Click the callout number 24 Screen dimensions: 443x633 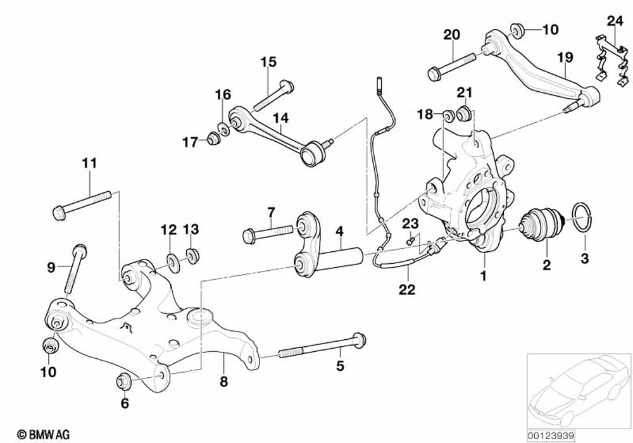click(615, 20)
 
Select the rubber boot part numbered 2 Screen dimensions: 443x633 click(541, 225)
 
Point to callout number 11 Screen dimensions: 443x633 click(89, 163)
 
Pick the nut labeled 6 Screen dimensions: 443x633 click(124, 381)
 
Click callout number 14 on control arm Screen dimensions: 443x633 click(280, 117)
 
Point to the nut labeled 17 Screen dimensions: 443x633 click(213, 140)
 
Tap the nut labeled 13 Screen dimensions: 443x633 click(191, 256)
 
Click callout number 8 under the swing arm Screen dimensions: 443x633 click(223, 382)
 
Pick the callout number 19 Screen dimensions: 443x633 click(565, 58)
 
